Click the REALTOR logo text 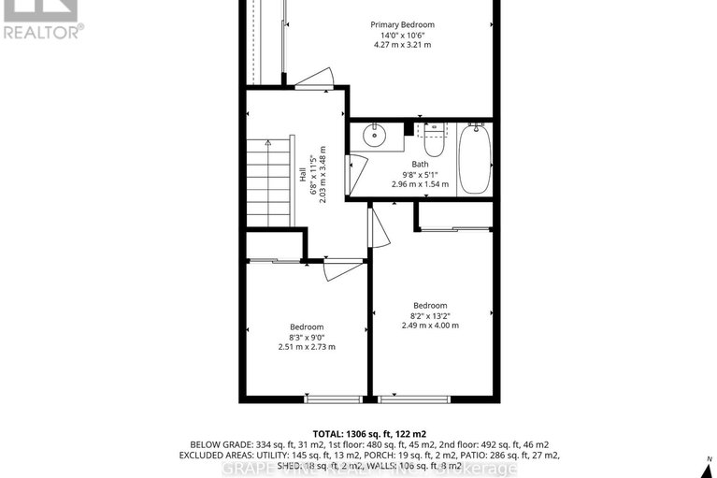pyautogui.click(x=42, y=30)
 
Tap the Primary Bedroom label pyautogui.click(x=402, y=24)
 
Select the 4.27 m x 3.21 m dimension pyautogui.click(x=402, y=45)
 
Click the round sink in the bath pyautogui.click(x=374, y=137)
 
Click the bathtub pyautogui.click(x=473, y=159)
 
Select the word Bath pyautogui.click(x=421, y=164)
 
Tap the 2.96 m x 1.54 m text pyautogui.click(x=421, y=184)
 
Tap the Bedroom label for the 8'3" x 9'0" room pyautogui.click(x=306, y=326)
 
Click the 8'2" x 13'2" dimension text pyautogui.click(x=430, y=315)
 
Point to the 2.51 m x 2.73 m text pyautogui.click(x=306, y=346)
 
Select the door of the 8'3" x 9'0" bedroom pyautogui.click(x=341, y=268)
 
